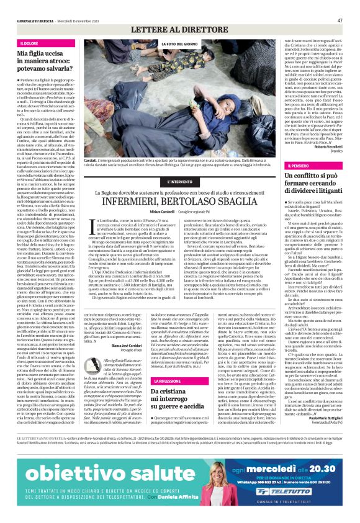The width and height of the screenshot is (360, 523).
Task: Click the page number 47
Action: click(x=340, y=20)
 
